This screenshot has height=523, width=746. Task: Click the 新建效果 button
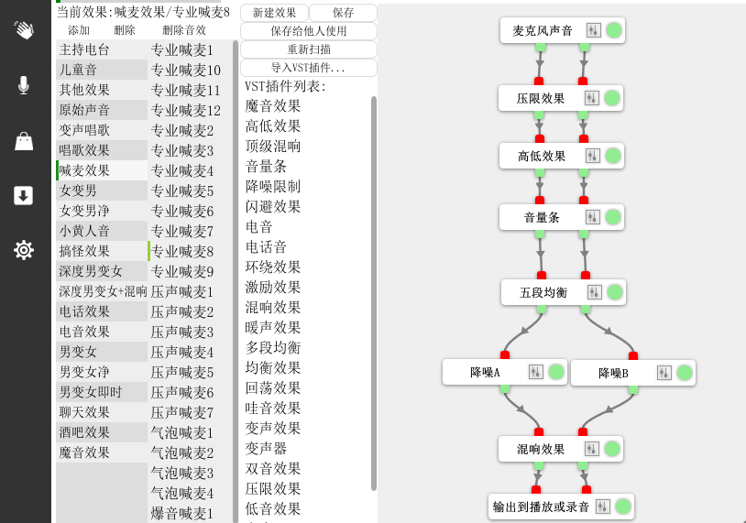click(274, 13)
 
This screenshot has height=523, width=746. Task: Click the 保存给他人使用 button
click(309, 31)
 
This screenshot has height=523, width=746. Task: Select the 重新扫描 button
click(309, 49)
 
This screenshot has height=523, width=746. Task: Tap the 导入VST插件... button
click(309, 68)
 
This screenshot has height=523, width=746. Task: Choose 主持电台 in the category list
click(84, 49)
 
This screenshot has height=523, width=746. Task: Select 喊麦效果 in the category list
click(84, 170)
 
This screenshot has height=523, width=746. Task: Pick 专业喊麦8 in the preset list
click(182, 251)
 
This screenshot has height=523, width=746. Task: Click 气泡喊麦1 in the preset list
click(182, 432)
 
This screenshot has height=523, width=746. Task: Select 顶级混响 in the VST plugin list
click(273, 147)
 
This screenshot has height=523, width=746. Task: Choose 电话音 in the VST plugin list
click(267, 247)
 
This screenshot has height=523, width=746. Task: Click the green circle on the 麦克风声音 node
click(614, 30)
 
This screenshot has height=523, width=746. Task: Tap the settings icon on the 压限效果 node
click(591, 98)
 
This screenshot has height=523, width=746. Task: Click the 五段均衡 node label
click(543, 293)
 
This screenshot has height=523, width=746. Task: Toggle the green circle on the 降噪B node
click(685, 372)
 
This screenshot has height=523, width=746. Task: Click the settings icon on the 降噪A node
click(536, 372)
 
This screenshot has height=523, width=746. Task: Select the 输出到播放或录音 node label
click(541, 507)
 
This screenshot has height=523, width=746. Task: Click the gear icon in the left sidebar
click(24, 249)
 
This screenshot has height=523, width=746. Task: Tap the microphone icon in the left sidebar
click(24, 85)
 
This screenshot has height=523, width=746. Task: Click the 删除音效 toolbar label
click(184, 30)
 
